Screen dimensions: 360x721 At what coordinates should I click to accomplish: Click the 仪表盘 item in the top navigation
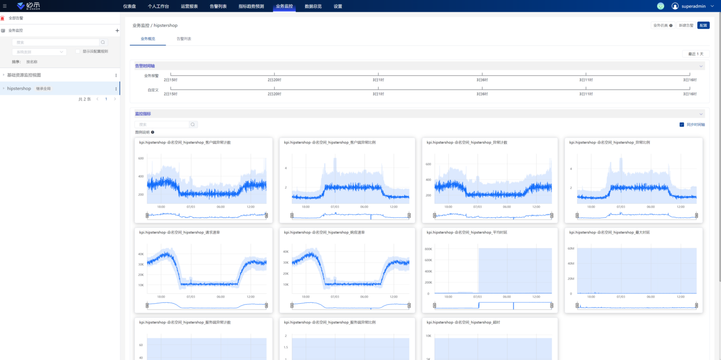coord(130,7)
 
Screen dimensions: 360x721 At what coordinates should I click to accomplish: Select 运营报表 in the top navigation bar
coord(189,7)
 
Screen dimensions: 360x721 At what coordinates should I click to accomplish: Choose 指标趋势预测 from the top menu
coord(251,7)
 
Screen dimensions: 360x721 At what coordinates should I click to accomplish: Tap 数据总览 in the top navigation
coord(313,7)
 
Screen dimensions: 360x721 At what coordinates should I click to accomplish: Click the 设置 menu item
coord(338,7)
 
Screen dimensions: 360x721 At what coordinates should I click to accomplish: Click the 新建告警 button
coord(686,25)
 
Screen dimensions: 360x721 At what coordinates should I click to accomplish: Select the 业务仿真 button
coord(663,25)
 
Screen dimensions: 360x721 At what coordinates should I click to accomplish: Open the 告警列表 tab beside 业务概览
coord(184,38)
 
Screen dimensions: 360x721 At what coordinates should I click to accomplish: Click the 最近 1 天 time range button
coord(696,54)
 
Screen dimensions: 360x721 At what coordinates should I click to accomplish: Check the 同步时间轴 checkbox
coord(682,125)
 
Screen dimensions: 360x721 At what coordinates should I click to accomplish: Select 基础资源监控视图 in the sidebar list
coord(31,75)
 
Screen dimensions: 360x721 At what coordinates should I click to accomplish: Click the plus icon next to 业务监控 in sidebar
coord(117,31)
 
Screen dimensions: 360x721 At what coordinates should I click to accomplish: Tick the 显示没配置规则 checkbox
coord(78,52)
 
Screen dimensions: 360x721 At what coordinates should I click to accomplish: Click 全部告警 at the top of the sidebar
coord(15,18)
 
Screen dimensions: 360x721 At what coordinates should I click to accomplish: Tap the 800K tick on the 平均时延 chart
coord(428,249)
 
